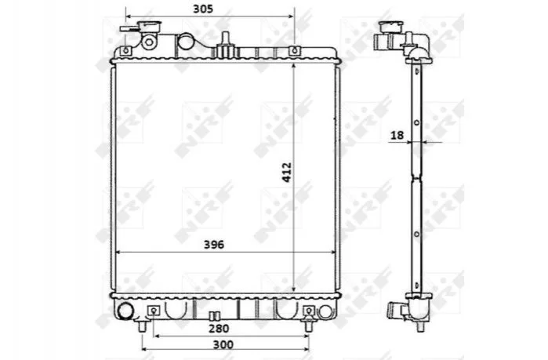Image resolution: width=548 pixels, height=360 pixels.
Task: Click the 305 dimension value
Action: [203, 9]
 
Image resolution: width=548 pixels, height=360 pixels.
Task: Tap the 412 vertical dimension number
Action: [287, 172]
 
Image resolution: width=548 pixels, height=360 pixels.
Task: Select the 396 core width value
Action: [214, 245]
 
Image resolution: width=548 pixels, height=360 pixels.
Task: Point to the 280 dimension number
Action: [219, 329]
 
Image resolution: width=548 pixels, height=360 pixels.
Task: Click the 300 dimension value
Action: [223, 344]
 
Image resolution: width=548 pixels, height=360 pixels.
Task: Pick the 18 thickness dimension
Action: [397, 135]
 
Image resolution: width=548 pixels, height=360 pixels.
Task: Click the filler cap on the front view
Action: [149, 26]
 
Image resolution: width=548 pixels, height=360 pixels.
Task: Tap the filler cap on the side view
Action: [390, 26]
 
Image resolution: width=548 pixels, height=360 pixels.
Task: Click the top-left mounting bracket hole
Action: [126, 51]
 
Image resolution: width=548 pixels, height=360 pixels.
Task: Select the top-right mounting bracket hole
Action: [294, 51]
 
